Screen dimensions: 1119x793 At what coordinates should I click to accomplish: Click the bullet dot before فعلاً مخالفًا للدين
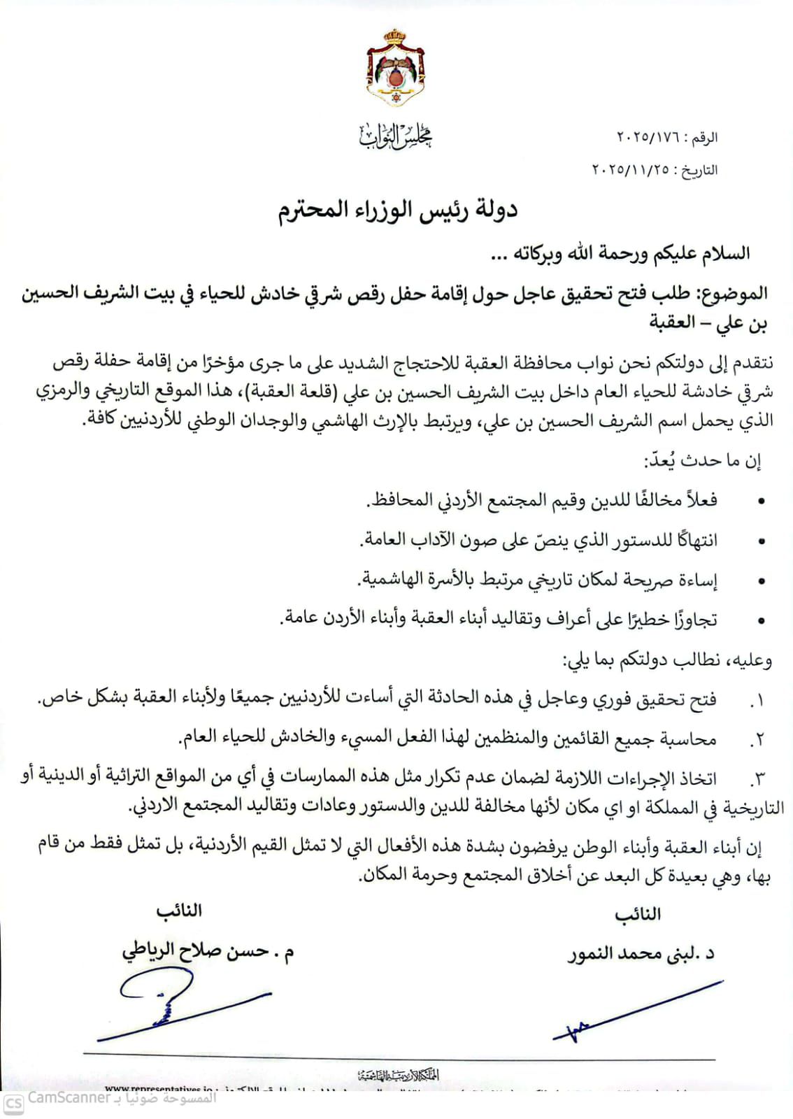point(762,501)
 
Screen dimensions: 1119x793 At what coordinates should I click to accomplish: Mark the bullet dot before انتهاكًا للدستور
point(762,541)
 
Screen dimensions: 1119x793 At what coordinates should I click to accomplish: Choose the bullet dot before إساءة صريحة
point(762,581)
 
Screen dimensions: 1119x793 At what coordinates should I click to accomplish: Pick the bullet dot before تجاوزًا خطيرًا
point(762,620)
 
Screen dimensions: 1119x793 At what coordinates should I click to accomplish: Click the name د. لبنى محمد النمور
point(640,954)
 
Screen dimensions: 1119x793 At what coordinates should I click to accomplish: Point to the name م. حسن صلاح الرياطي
point(208,953)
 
